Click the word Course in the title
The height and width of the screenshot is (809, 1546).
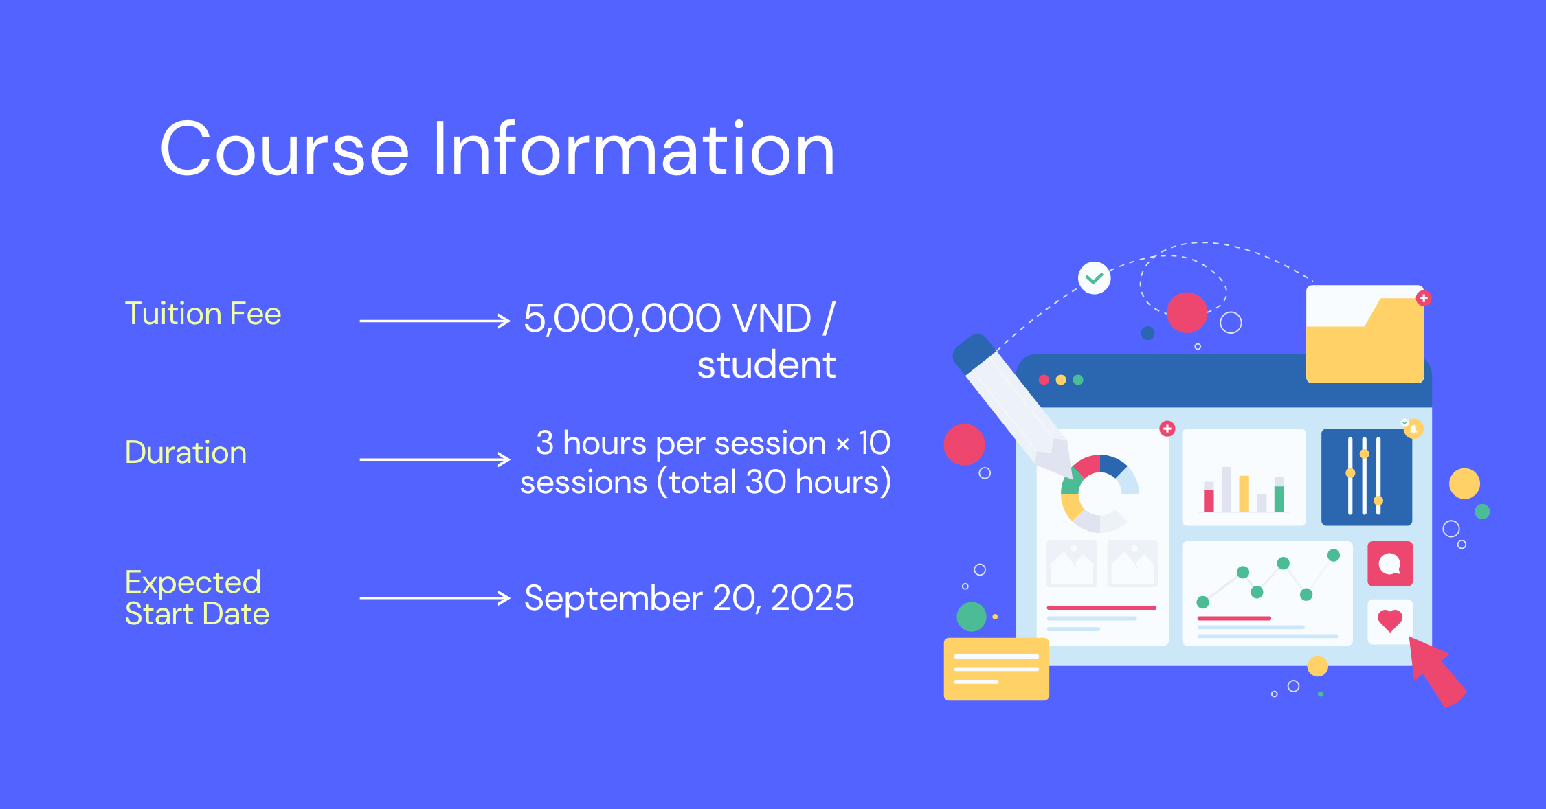click(285, 149)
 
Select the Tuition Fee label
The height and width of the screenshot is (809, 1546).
click(203, 314)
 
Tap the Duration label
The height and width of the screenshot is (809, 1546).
click(186, 453)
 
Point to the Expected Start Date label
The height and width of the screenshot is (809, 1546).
click(197, 597)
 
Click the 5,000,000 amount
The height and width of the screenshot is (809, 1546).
click(623, 319)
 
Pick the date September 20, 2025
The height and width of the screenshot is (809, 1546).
click(688, 597)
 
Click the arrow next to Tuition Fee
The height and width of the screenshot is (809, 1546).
click(435, 321)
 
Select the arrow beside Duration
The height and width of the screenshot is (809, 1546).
click(435, 459)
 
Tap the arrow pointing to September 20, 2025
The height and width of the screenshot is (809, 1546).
click(435, 598)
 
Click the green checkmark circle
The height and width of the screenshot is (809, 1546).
click(1095, 278)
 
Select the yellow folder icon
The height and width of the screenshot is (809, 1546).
click(1365, 334)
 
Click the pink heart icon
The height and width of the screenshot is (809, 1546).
click(1390, 621)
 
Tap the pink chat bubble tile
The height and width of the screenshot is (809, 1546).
click(1390, 564)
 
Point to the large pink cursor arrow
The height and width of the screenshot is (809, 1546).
click(1437, 671)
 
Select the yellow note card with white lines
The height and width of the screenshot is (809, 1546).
click(996, 669)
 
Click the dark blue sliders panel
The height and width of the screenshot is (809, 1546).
click(1367, 477)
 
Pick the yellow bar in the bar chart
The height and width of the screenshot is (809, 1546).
click(1244, 494)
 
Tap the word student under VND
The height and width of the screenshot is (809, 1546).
click(767, 365)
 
